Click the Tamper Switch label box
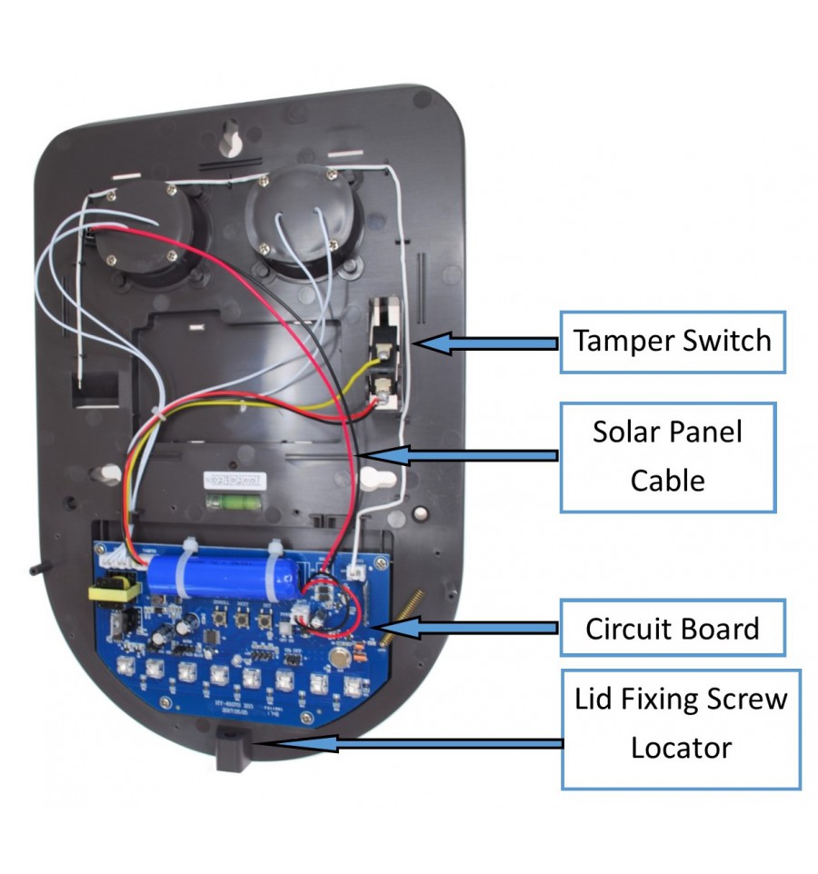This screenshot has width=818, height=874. click(673, 341)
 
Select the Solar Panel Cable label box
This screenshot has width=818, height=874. click(668, 456)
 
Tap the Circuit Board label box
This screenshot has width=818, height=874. click(672, 628)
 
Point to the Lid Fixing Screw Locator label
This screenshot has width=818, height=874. click(681, 723)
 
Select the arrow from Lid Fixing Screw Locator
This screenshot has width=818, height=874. click(409, 744)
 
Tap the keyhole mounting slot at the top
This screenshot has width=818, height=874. click(233, 143)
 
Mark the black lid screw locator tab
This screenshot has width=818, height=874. click(231, 750)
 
